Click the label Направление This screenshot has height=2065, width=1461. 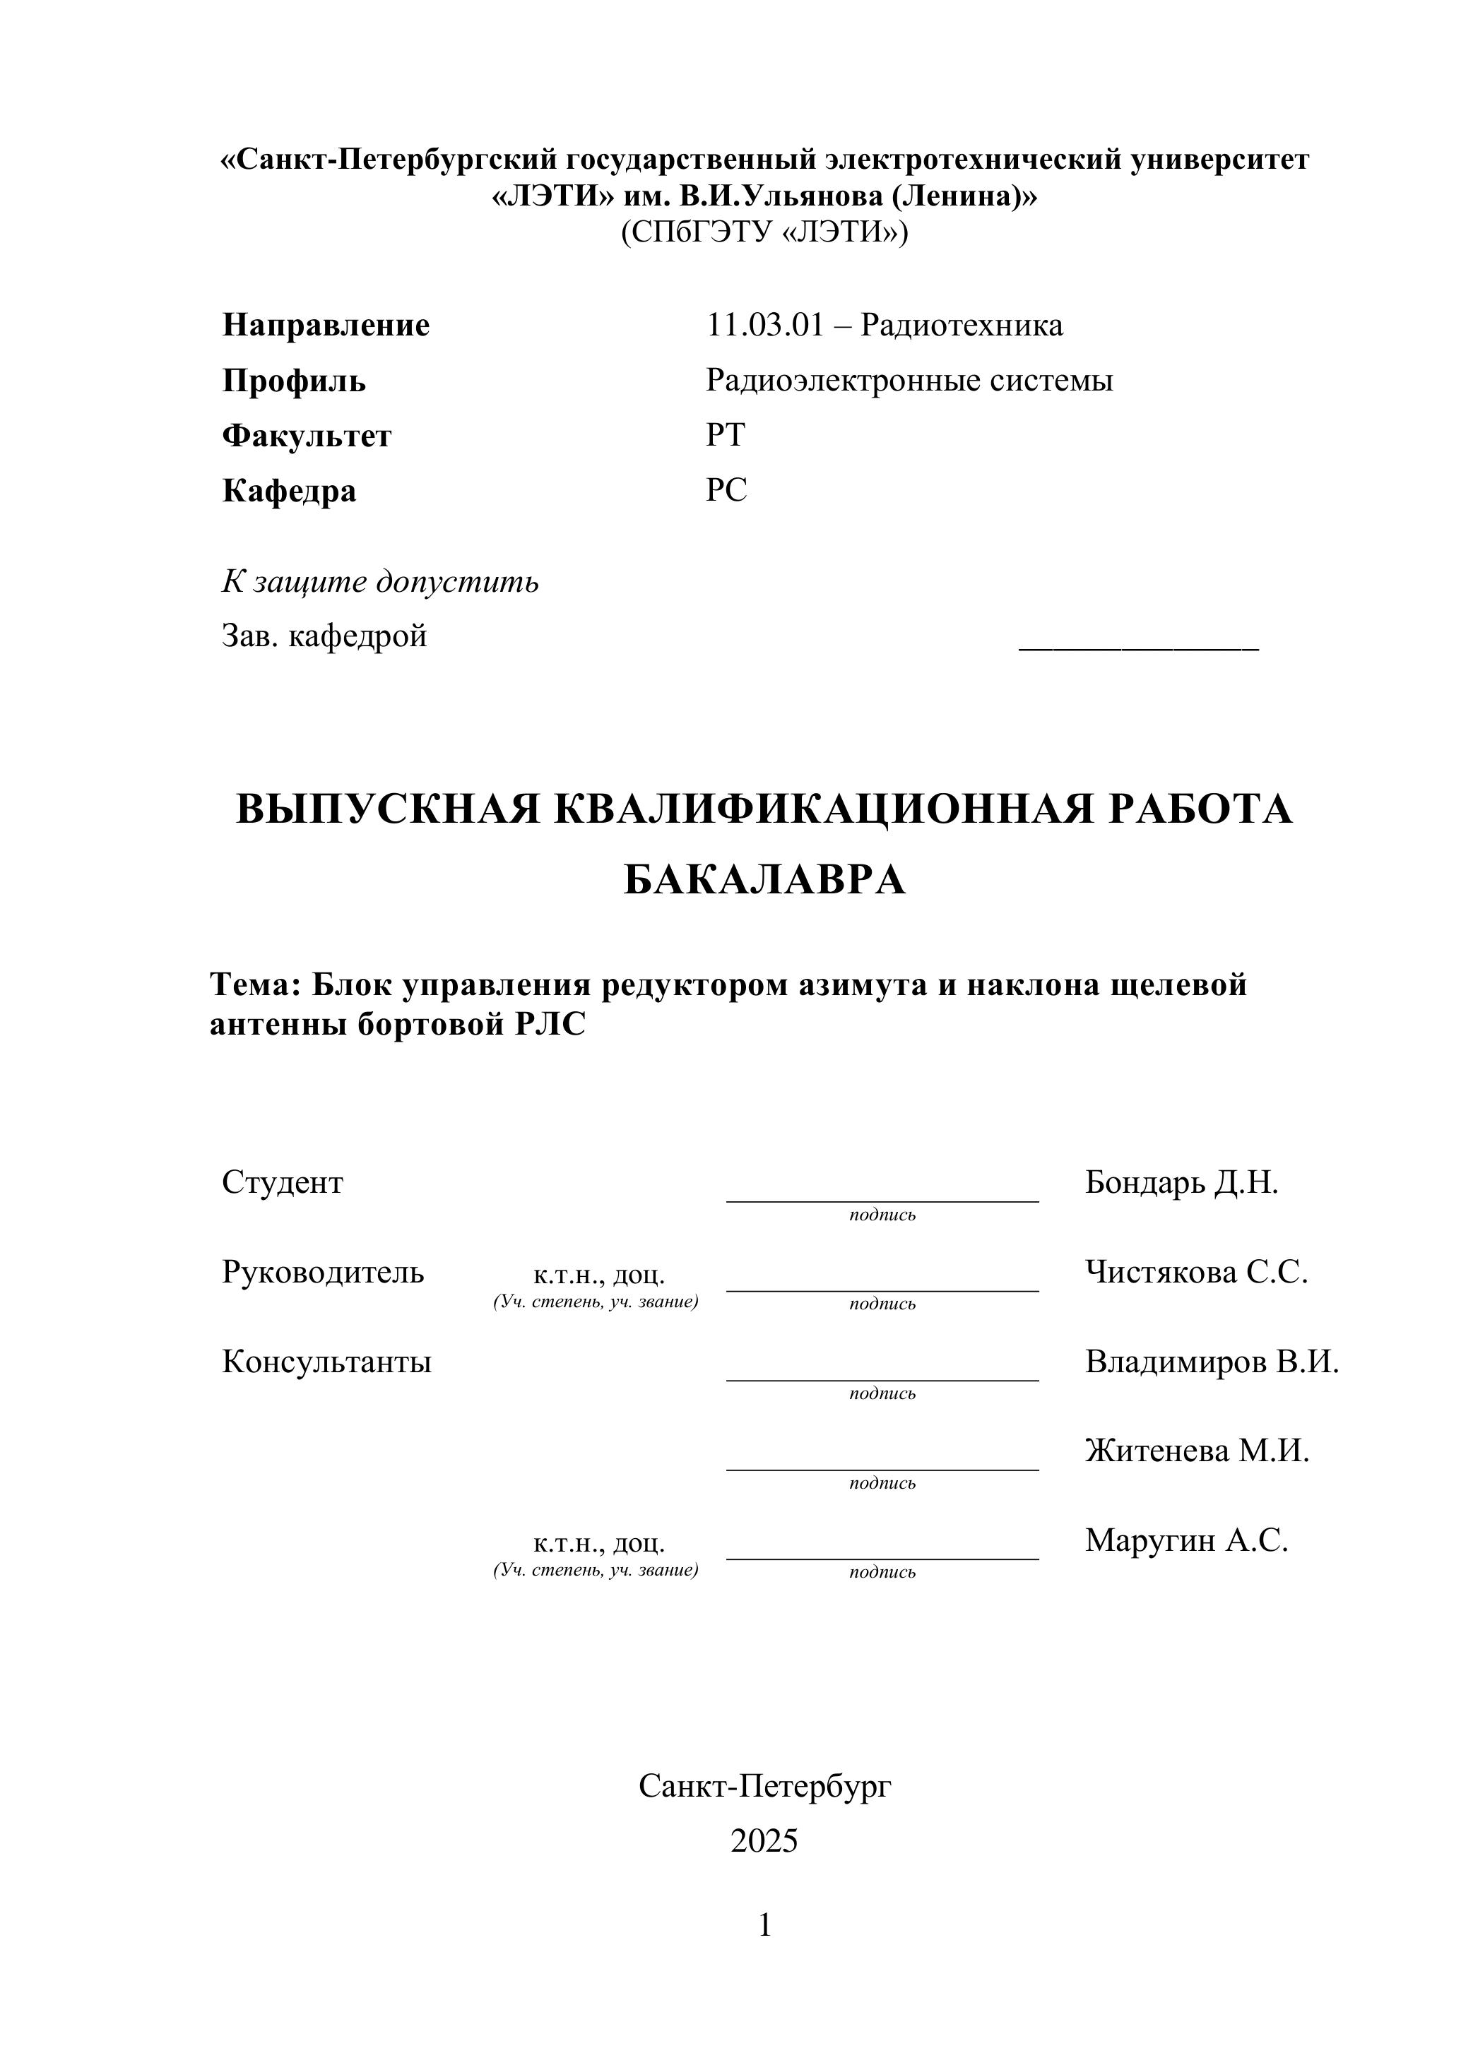[326, 325]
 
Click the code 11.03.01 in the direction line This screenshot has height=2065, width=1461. [764, 325]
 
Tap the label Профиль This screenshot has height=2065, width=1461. [294, 381]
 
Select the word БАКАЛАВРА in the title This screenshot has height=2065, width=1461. [764, 880]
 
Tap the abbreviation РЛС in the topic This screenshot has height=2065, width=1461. [550, 1025]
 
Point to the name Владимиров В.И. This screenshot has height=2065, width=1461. [1212, 1362]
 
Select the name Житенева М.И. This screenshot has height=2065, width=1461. [1197, 1451]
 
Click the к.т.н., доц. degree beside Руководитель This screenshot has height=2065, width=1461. [598, 1275]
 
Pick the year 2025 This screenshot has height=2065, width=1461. [764, 1841]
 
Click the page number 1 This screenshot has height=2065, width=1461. [764, 1926]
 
